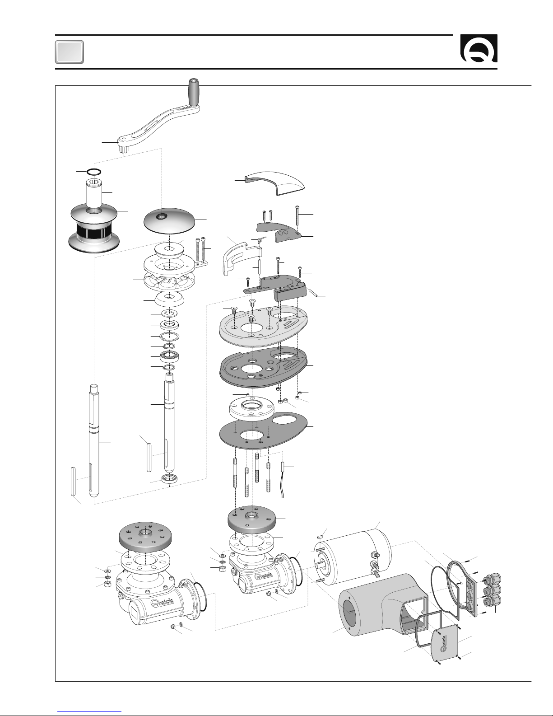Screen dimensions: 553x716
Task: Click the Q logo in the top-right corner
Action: click(x=479, y=48)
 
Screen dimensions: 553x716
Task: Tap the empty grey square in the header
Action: click(x=70, y=52)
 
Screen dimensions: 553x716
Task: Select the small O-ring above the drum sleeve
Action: click(x=94, y=172)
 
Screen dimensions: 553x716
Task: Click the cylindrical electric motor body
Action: click(x=352, y=556)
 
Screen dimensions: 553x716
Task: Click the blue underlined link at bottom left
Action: click(x=89, y=712)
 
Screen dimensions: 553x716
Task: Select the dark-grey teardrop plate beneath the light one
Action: click(x=263, y=366)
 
